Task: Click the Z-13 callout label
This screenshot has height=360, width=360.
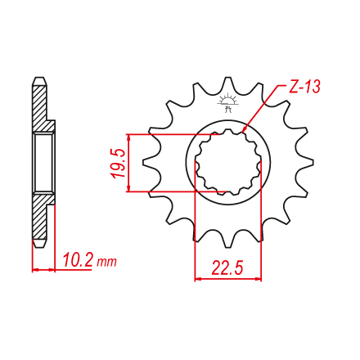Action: (304, 88)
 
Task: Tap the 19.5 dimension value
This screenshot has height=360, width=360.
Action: (119, 164)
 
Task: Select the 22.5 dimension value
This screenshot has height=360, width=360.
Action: (227, 268)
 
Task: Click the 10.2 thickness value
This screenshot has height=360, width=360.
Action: (79, 260)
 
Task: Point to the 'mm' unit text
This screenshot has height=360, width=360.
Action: (107, 263)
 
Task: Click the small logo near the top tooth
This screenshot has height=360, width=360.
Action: (228, 103)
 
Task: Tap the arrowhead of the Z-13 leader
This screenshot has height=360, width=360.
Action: (244, 129)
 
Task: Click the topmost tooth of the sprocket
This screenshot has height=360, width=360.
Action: (228, 85)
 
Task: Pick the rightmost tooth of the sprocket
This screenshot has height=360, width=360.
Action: (305, 163)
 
